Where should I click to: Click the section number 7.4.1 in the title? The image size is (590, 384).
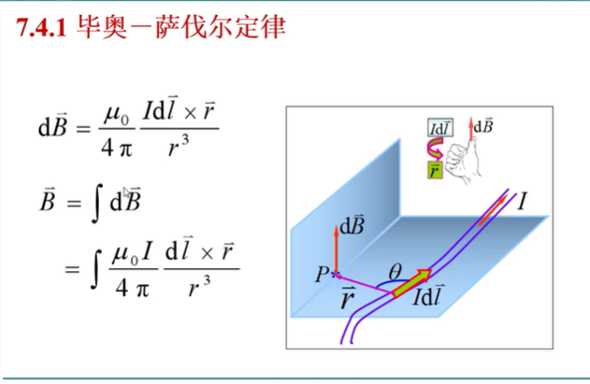pyautogui.click(x=40, y=29)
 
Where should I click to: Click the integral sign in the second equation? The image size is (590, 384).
pyautogui.click(x=95, y=200)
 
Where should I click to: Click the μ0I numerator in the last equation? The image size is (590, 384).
pyautogui.click(x=131, y=252)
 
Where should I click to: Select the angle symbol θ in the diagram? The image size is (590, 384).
pyautogui.click(x=396, y=271)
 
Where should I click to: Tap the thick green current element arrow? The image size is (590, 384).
pyautogui.click(x=411, y=282)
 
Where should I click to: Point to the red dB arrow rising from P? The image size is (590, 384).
pyautogui.click(x=336, y=248)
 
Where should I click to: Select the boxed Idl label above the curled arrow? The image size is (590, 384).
pyautogui.click(x=439, y=127)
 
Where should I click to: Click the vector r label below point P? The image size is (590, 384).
pyautogui.click(x=348, y=301)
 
